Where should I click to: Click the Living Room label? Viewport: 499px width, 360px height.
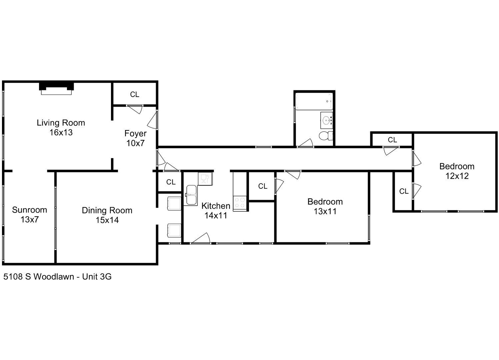(61, 123)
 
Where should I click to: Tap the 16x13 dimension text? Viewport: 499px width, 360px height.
(61, 133)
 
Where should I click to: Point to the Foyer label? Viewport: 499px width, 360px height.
(135, 133)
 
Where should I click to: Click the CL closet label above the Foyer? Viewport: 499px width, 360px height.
(134, 95)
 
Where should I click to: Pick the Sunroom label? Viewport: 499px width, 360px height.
(29, 210)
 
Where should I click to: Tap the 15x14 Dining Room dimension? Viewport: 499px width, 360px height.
(107, 220)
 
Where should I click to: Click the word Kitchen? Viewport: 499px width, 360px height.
(216, 206)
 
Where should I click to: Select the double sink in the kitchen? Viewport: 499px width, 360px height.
(191, 195)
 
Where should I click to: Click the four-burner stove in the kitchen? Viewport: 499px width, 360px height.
(240, 203)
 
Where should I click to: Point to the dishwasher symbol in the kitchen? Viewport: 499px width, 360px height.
(205, 178)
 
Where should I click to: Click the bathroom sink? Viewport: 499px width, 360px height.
(327, 120)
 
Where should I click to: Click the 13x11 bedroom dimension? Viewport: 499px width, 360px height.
(325, 211)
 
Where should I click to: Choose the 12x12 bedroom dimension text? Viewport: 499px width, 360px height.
(457, 176)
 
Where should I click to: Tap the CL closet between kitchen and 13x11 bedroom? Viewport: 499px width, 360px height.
(263, 186)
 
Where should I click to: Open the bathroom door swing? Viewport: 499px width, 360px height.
(306, 143)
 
